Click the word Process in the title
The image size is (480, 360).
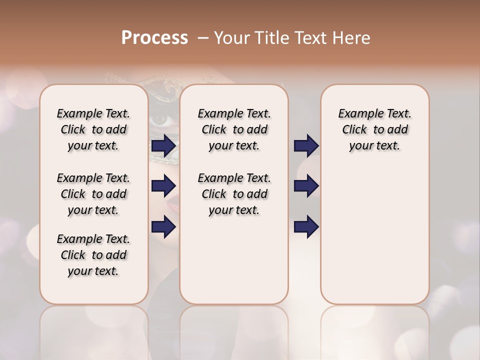154,38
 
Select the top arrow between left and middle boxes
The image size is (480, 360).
163,146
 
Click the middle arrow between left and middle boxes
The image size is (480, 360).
163,186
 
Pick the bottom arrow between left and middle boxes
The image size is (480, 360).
163,226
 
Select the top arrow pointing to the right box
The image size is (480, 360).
306,146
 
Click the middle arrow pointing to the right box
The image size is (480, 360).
306,186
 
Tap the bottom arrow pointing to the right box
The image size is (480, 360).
306,226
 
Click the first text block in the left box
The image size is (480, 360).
93,129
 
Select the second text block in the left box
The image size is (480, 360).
93,194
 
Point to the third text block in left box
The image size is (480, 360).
93,255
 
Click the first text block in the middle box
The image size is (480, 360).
234,129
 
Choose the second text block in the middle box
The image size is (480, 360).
234,194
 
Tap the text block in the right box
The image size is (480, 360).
374,129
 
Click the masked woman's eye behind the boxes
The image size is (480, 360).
161,119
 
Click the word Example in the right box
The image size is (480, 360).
356,114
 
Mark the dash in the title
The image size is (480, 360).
203,38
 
